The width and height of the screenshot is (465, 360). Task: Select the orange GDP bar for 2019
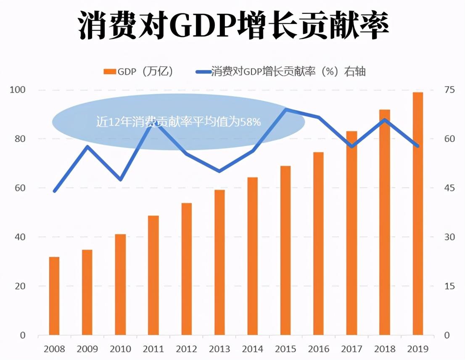tap(417, 214)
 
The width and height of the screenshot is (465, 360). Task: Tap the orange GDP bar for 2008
tap(54, 296)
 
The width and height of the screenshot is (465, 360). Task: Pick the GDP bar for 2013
tap(219, 262)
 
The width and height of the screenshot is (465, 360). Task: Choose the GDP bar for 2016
tap(319, 244)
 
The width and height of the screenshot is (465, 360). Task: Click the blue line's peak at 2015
tap(286, 110)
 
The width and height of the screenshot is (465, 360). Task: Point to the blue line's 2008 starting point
tap(54, 191)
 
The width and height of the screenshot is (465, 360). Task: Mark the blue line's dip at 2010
tap(121, 180)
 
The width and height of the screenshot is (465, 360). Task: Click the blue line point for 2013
tap(219, 171)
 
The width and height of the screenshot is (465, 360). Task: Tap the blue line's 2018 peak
tap(385, 120)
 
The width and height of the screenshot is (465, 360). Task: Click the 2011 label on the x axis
tap(153, 349)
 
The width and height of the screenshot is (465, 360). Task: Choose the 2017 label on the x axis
tap(351, 349)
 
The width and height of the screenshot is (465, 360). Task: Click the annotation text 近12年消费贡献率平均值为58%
tap(179, 122)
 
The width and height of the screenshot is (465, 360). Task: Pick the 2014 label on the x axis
tap(253, 349)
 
